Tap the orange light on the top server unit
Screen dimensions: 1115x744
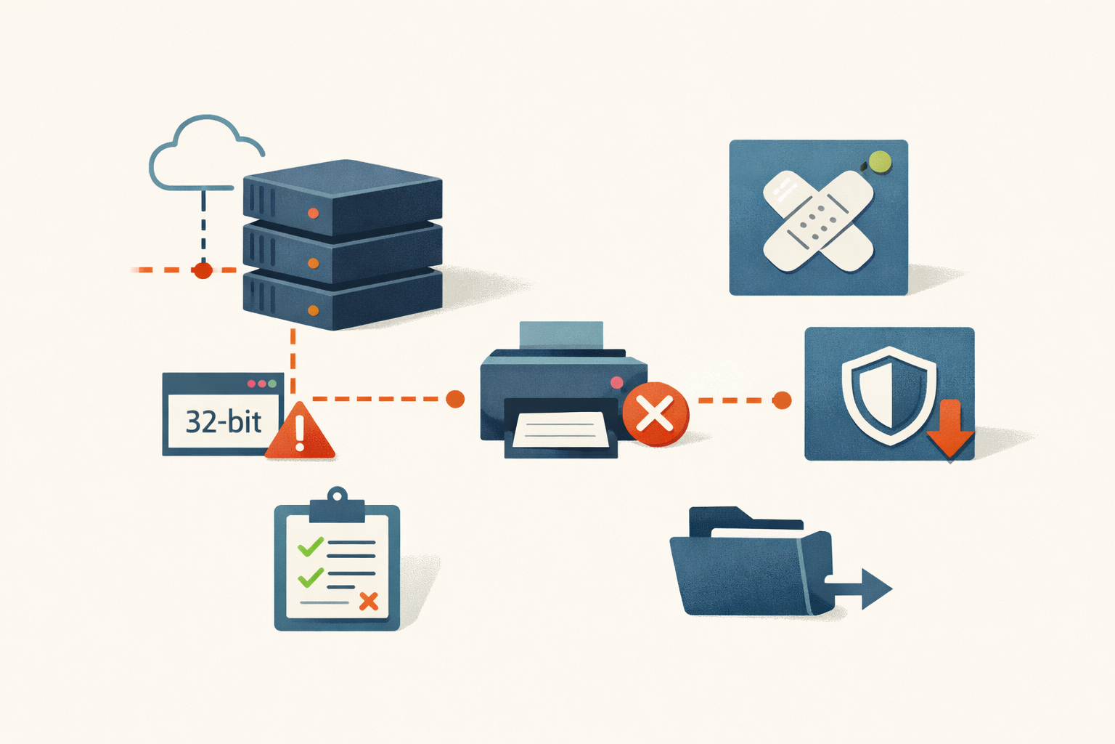[x=313, y=214]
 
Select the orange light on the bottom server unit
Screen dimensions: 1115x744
[x=313, y=310]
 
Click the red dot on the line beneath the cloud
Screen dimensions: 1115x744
[x=203, y=270]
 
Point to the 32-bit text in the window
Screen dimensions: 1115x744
[x=224, y=422]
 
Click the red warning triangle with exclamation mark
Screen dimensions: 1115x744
[x=300, y=431]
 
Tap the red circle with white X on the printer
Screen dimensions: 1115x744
[x=655, y=413]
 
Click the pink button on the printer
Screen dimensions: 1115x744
[x=617, y=382]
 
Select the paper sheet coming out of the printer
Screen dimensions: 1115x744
[x=561, y=429]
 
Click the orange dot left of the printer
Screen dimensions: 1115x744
[x=455, y=399]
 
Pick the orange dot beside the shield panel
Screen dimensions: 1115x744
[x=782, y=400]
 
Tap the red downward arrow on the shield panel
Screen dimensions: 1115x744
[x=949, y=429]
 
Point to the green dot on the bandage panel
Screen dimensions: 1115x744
[x=880, y=162]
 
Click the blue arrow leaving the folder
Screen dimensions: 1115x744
[x=858, y=589]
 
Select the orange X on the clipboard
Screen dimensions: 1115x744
[x=369, y=602]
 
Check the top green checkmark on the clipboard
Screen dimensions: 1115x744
[x=311, y=546]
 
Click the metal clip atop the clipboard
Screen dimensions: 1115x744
[x=337, y=505]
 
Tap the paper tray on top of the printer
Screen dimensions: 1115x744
[x=561, y=335]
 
